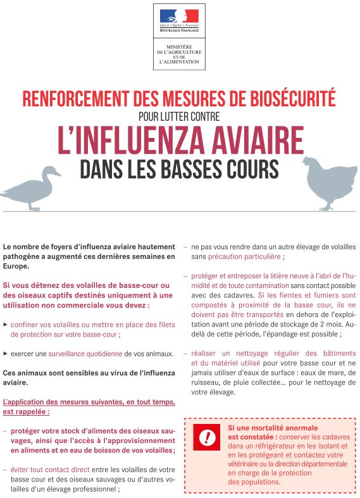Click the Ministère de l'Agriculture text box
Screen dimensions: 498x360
click(179, 54)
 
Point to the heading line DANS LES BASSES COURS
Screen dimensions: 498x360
click(179, 168)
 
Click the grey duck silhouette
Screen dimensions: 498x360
click(32, 189)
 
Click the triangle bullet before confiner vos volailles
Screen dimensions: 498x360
click(6, 323)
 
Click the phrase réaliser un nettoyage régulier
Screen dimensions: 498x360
click(238, 353)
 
